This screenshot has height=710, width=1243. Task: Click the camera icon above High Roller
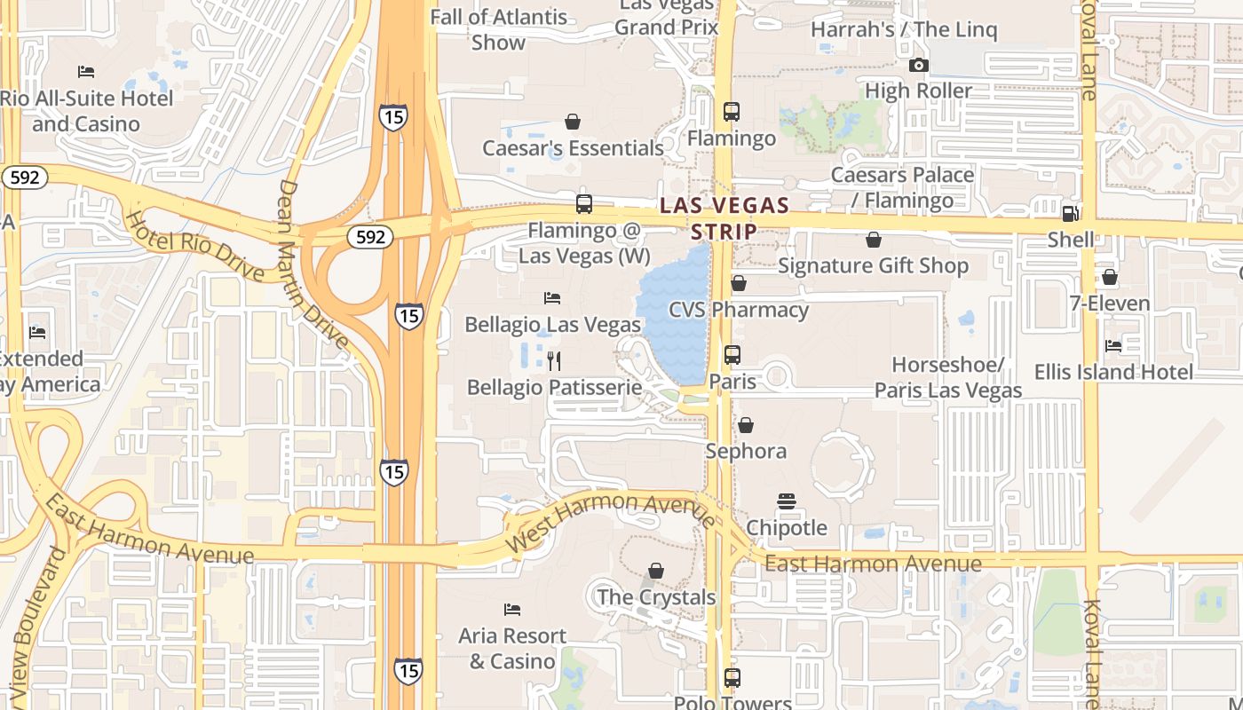coord(919,65)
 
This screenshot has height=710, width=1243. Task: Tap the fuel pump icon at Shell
coord(1070,213)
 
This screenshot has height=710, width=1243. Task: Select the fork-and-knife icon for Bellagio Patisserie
coord(554,360)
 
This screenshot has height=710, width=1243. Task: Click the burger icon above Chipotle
coord(786,501)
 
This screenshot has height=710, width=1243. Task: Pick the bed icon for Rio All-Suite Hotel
coord(86,71)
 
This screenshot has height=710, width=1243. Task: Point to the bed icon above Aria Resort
coord(512,610)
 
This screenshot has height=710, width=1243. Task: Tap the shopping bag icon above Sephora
coord(746,425)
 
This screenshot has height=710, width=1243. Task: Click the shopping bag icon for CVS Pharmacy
coord(738,283)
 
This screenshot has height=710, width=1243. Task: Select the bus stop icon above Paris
coord(732,355)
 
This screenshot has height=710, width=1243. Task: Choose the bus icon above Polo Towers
coord(732,678)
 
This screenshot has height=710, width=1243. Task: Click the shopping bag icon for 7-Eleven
coord(1109,277)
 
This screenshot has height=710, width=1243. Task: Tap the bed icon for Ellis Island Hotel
coord(1112,345)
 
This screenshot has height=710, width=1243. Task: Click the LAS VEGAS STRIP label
coord(724,218)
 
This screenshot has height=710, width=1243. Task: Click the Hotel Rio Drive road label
coord(194,245)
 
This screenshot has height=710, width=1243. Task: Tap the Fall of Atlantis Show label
coord(498,29)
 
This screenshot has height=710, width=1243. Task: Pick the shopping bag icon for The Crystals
coord(656,571)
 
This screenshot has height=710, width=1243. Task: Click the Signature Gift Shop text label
coord(873,265)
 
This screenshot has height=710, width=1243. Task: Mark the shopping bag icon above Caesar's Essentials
coord(573,122)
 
